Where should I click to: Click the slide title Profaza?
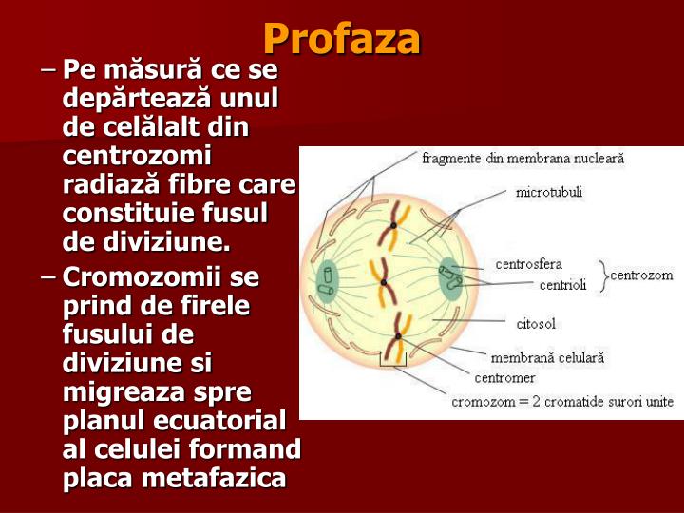tap(341, 39)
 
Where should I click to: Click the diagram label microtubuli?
tap(549, 192)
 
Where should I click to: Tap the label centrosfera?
tap(529, 263)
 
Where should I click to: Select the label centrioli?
tap(562, 284)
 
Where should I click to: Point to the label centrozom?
tap(641, 275)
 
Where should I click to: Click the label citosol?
tap(536, 324)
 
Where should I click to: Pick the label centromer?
tap(505, 377)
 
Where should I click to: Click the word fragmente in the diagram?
tap(451, 159)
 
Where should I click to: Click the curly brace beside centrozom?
tap(602, 275)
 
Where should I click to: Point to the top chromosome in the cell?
tap(391, 226)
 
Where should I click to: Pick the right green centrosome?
tap(450, 279)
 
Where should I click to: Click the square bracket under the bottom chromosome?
tap(393, 362)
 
